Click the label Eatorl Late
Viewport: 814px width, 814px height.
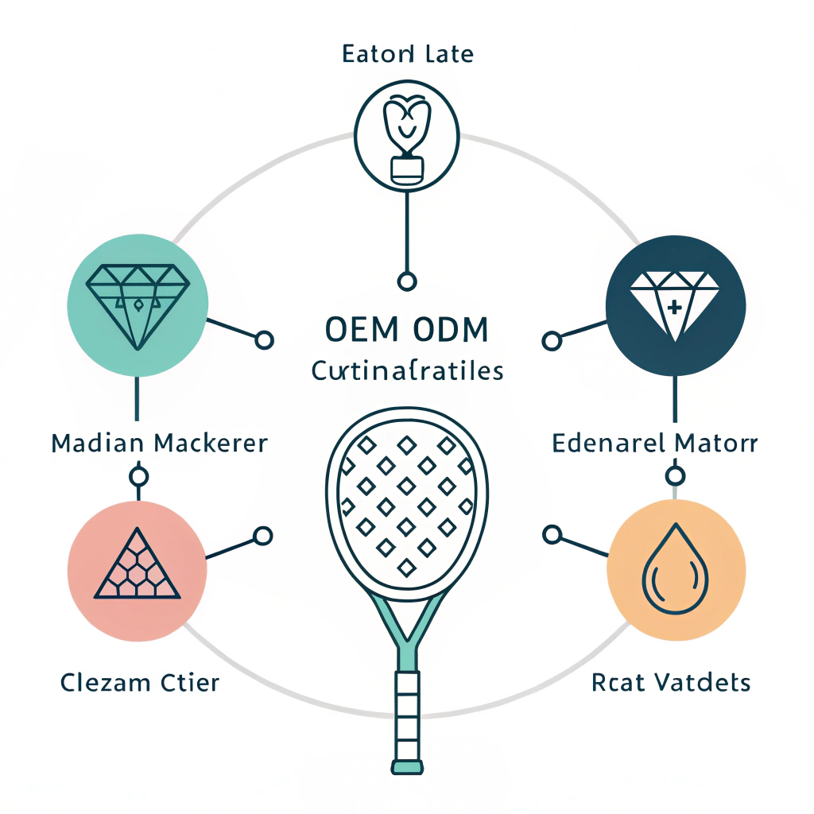click(407, 55)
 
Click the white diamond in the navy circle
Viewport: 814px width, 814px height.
click(674, 301)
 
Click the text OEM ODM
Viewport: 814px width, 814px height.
click(407, 330)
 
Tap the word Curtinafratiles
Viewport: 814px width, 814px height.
click(407, 370)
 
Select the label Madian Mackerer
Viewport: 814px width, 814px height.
click(159, 443)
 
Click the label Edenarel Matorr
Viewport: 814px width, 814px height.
click(655, 443)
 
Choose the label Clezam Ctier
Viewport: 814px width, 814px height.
click(140, 682)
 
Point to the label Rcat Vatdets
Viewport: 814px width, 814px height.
click(671, 682)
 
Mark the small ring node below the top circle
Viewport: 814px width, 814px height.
click(407, 281)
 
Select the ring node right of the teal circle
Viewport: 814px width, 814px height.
click(265, 340)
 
